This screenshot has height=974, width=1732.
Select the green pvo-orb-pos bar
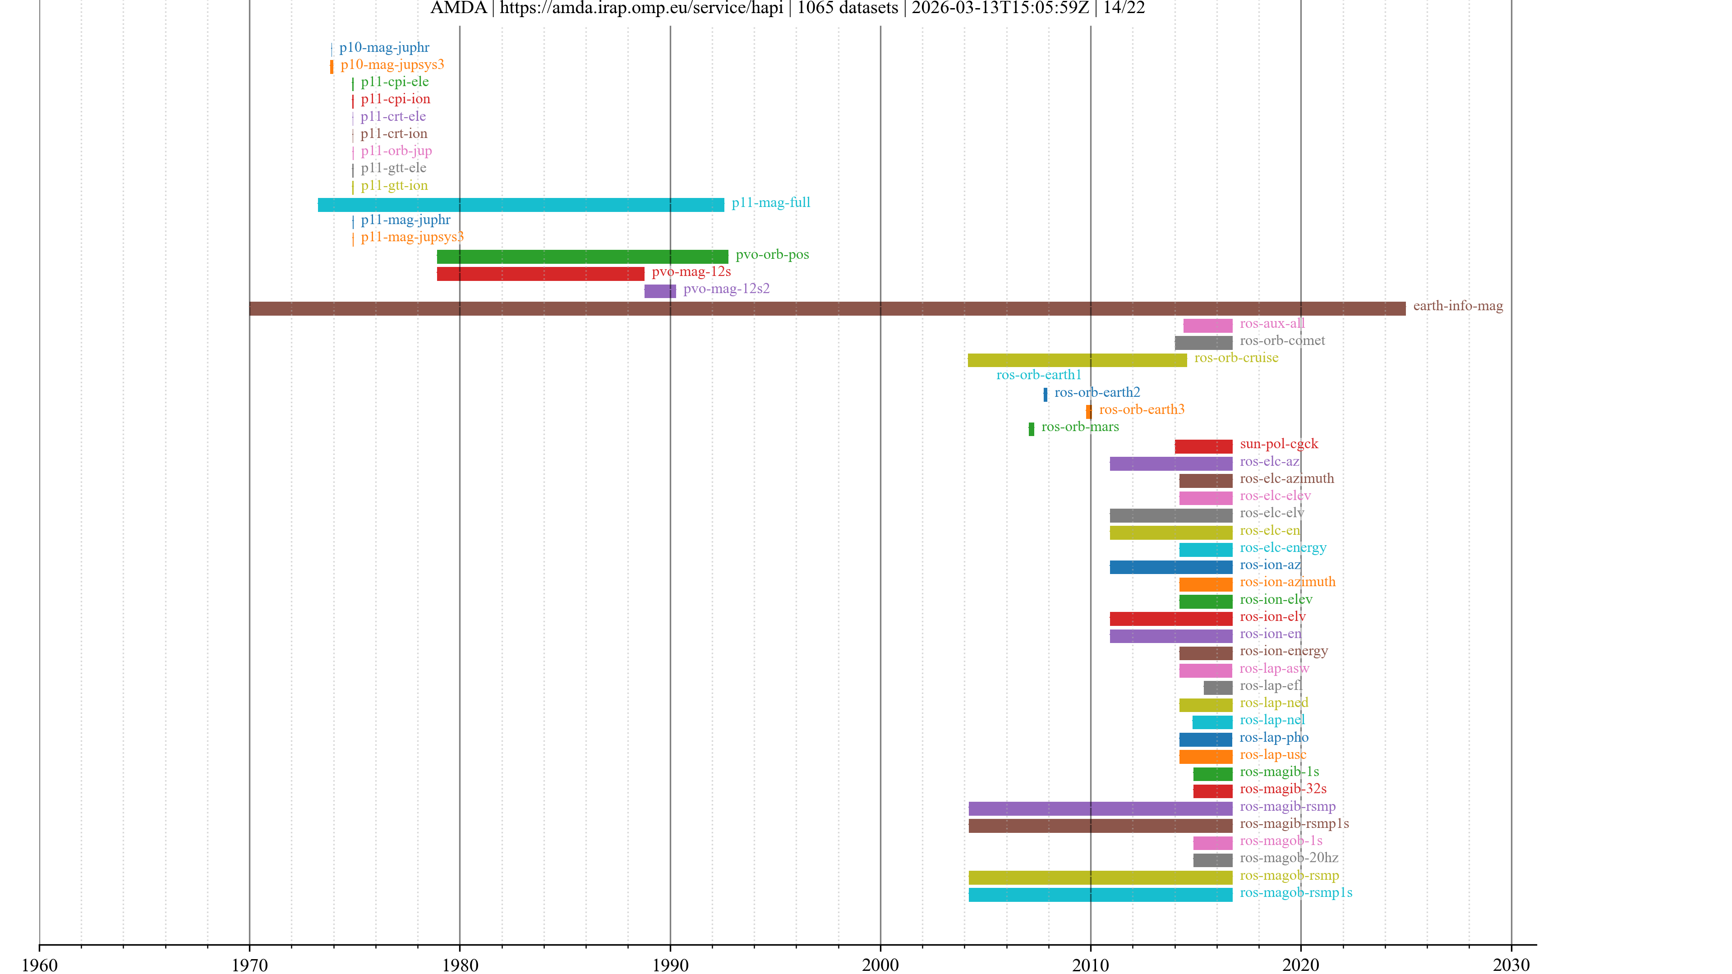tap(582, 257)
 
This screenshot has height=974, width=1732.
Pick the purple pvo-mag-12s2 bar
tap(659, 291)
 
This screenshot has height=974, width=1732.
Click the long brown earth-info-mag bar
tap(827, 308)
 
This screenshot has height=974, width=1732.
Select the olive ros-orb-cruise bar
tap(1077, 360)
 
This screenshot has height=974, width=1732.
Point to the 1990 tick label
tap(670, 965)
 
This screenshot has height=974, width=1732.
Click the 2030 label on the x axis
tap(1511, 965)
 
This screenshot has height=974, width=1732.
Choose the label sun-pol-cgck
tap(1278, 444)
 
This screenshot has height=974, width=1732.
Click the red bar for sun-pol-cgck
tap(1203, 446)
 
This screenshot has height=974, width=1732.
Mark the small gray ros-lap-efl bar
tap(1218, 688)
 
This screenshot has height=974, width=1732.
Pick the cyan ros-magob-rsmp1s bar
tap(1100, 895)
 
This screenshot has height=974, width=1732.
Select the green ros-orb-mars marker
tap(1031, 429)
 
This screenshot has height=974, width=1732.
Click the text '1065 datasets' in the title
tap(847, 8)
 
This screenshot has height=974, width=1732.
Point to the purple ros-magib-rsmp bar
tap(1100, 809)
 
